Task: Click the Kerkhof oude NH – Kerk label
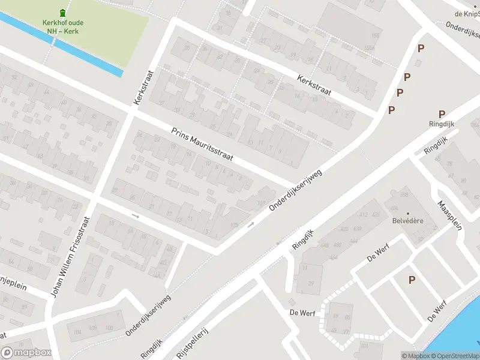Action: [x=63, y=27]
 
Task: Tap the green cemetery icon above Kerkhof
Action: [x=63, y=13]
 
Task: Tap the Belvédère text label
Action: [x=407, y=221]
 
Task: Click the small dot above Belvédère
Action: [x=407, y=214]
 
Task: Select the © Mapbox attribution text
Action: [x=415, y=356]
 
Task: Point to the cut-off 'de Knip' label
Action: [x=467, y=13]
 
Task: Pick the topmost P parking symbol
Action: [x=421, y=49]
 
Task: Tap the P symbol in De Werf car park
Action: [x=412, y=280]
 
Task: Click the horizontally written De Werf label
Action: [x=302, y=313]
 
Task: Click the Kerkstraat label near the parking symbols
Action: [x=314, y=86]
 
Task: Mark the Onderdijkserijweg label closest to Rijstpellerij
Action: [x=148, y=315]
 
